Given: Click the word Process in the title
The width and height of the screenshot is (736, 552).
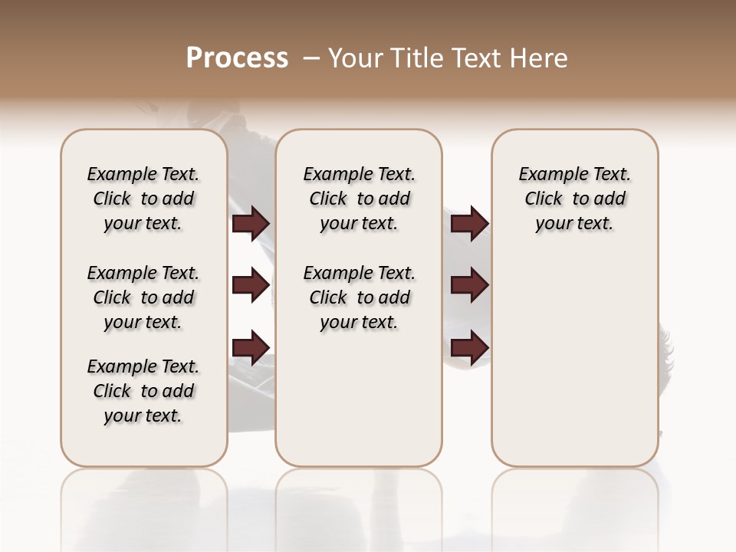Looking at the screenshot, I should click(237, 58).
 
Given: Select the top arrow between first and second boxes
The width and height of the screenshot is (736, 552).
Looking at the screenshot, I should click(251, 224).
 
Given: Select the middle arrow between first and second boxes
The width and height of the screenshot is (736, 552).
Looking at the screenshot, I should click(251, 285).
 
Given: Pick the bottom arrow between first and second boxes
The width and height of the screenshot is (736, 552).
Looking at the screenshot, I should click(251, 347).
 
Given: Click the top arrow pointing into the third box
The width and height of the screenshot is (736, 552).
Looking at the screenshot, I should click(469, 224).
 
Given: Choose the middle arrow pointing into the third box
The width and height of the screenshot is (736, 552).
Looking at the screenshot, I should click(469, 285).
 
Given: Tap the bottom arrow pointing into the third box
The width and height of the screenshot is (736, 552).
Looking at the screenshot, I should click(469, 347).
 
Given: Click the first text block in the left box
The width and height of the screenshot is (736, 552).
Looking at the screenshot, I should click(143, 199).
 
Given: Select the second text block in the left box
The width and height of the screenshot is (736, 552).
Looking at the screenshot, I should click(143, 297).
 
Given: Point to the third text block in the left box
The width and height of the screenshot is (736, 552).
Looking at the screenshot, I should click(143, 391).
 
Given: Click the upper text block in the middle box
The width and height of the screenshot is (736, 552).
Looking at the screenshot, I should click(360, 199).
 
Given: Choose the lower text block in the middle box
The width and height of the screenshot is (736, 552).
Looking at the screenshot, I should click(360, 297).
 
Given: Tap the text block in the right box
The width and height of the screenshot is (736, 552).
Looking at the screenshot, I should click(575, 199).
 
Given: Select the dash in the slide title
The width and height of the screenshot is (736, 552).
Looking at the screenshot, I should click(311, 58).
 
